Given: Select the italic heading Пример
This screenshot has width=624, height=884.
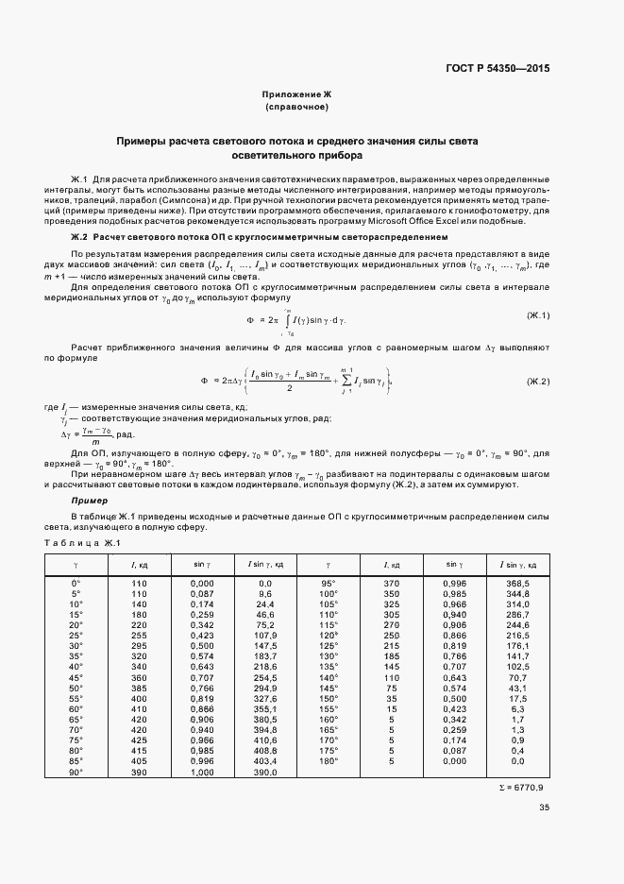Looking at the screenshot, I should point(90,500).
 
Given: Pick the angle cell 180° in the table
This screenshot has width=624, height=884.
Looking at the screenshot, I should point(329,759).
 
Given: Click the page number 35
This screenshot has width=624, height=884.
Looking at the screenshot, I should point(544,807).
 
